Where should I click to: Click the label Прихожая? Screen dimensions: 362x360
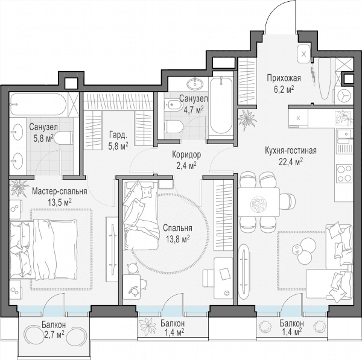[284, 78]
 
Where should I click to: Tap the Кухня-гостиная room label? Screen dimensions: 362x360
[290, 151]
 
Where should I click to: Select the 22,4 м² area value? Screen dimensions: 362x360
[291, 162]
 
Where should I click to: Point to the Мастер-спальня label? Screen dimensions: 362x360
[60, 191]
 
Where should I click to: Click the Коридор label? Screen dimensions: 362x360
[186, 154]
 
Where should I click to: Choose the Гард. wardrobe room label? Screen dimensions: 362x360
[118, 136]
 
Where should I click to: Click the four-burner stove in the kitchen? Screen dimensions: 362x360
[345, 173]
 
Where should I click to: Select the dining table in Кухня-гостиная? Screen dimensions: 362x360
[259, 202]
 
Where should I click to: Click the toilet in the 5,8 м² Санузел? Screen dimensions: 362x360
[63, 138]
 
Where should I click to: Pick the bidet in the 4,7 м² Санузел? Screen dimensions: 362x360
[171, 106]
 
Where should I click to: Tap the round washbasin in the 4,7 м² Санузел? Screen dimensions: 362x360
[195, 84]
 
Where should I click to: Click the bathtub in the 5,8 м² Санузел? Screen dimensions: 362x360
[39, 104]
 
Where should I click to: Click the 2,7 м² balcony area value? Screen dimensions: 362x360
[53, 334]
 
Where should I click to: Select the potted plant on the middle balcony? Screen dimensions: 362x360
[148, 327]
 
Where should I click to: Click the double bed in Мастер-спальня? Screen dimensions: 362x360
[43, 249]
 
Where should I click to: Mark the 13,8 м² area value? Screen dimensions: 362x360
[177, 239]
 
